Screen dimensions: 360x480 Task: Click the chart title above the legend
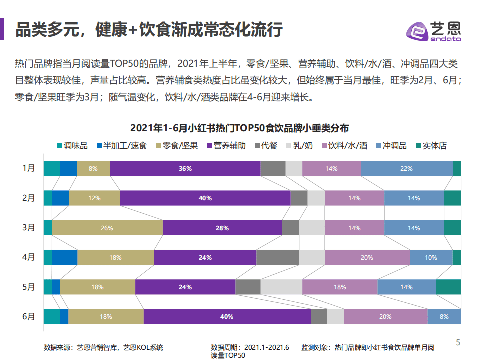click(240, 128)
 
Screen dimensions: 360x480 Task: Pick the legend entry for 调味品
click(72, 146)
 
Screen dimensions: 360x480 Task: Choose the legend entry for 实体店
click(431, 146)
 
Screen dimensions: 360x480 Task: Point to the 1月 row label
click(29, 168)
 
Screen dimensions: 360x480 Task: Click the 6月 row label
click(29, 317)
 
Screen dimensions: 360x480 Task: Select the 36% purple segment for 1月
click(185, 169)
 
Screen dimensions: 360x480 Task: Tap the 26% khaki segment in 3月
click(107, 228)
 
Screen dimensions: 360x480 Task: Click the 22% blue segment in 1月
click(406, 169)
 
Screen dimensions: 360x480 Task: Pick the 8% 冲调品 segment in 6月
click(444, 317)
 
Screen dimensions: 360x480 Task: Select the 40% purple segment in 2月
click(205, 198)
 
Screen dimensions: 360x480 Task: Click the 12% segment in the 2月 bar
click(94, 198)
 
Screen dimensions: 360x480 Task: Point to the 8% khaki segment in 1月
click(93, 169)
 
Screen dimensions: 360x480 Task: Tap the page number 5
click(458, 343)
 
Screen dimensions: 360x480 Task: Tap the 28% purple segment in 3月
click(222, 228)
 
